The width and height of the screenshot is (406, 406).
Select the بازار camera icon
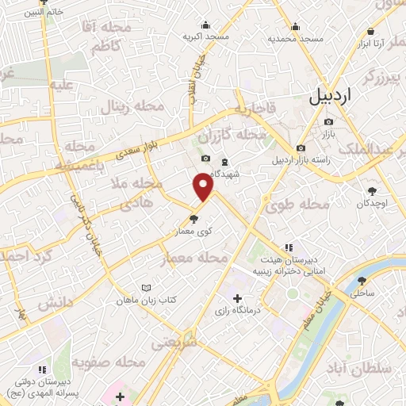(328, 122)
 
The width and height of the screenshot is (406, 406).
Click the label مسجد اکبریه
(206, 36)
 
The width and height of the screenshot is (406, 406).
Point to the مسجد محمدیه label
(295, 38)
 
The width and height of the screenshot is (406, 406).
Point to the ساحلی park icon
(362, 281)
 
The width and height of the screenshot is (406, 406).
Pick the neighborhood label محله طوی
(299, 204)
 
